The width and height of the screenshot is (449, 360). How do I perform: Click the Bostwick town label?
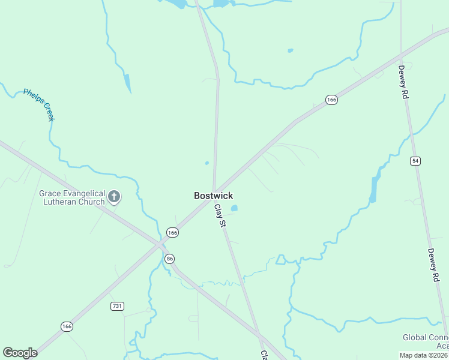pyautogui.click(x=213, y=196)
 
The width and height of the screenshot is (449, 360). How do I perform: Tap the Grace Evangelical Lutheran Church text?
pyautogui.click(x=72, y=197)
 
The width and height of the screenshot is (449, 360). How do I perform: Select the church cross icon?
pyautogui.click(x=114, y=196)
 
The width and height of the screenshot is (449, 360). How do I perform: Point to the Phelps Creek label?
pyautogui.click(x=39, y=105)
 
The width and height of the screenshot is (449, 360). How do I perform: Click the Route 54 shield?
pyautogui.click(x=415, y=161)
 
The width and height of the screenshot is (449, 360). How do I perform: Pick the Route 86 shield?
pyautogui.click(x=170, y=259)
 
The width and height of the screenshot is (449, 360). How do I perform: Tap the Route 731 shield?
pyautogui.click(x=117, y=306)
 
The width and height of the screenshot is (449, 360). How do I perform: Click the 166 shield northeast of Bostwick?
pyautogui.click(x=331, y=100)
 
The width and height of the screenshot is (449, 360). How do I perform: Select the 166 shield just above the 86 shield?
pyautogui.click(x=172, y=232)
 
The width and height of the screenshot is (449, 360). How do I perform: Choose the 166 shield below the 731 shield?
pyautogui.click(x=67, y=326)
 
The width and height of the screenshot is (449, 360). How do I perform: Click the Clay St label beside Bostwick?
pyautogui.click(x=220, y=215)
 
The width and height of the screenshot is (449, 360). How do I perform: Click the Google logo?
pyautogui.click(x=20, y=353)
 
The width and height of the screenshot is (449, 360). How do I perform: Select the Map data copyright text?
pyautogui.click(x=424, y=355)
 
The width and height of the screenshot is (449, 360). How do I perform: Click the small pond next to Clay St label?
pyautogui.click(x=234, y=208)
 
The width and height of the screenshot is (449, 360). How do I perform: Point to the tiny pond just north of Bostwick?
pyautogui.click(x=206, y=163)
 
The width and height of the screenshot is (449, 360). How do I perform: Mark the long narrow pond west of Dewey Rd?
pyautogui.click(x=375, y=188)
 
